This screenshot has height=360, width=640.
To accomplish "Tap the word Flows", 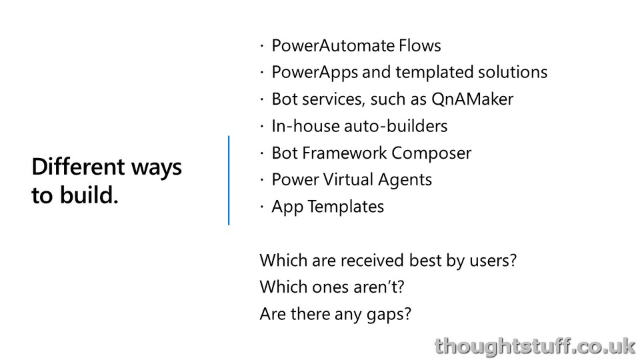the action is click(420, 45).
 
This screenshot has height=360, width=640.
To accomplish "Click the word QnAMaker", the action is click(472, 99).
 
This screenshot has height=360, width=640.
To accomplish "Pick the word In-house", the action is click(306, 126).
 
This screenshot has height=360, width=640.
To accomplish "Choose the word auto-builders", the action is click(396, 126).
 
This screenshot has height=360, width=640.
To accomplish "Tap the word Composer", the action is click(431, 153).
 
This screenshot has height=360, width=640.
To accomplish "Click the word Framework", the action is click(345, 153).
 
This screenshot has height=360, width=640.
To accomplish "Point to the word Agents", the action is click(405, 180).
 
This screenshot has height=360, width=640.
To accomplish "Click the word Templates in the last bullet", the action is click(346, 207).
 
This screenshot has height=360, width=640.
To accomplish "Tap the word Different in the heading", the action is click(78, 167).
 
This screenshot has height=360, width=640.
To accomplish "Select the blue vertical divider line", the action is click(229, 180).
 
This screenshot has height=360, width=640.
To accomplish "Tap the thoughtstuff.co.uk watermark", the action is click(535, 346).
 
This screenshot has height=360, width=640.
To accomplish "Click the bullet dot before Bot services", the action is click(261, 99).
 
